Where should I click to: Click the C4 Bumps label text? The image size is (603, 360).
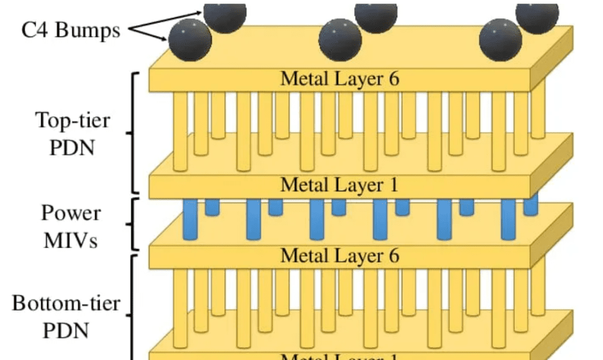pos(71,30)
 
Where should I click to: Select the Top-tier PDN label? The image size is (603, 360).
pos(72,134)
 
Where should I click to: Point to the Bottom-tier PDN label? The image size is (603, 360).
pos(67,317)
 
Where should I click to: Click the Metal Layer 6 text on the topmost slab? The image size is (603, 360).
pos(339,78)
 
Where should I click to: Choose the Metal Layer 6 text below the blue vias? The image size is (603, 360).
pos(339,256)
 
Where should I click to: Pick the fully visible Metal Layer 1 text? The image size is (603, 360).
pos(339,185)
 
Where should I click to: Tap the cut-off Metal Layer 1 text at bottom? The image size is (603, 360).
pos(339,356)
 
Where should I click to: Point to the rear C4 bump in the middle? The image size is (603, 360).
pos(376,15)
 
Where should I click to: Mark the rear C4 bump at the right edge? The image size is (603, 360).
pos(536,15)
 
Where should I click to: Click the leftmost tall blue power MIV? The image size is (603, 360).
pos(190,219)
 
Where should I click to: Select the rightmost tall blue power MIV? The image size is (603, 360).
pos(508,219)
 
